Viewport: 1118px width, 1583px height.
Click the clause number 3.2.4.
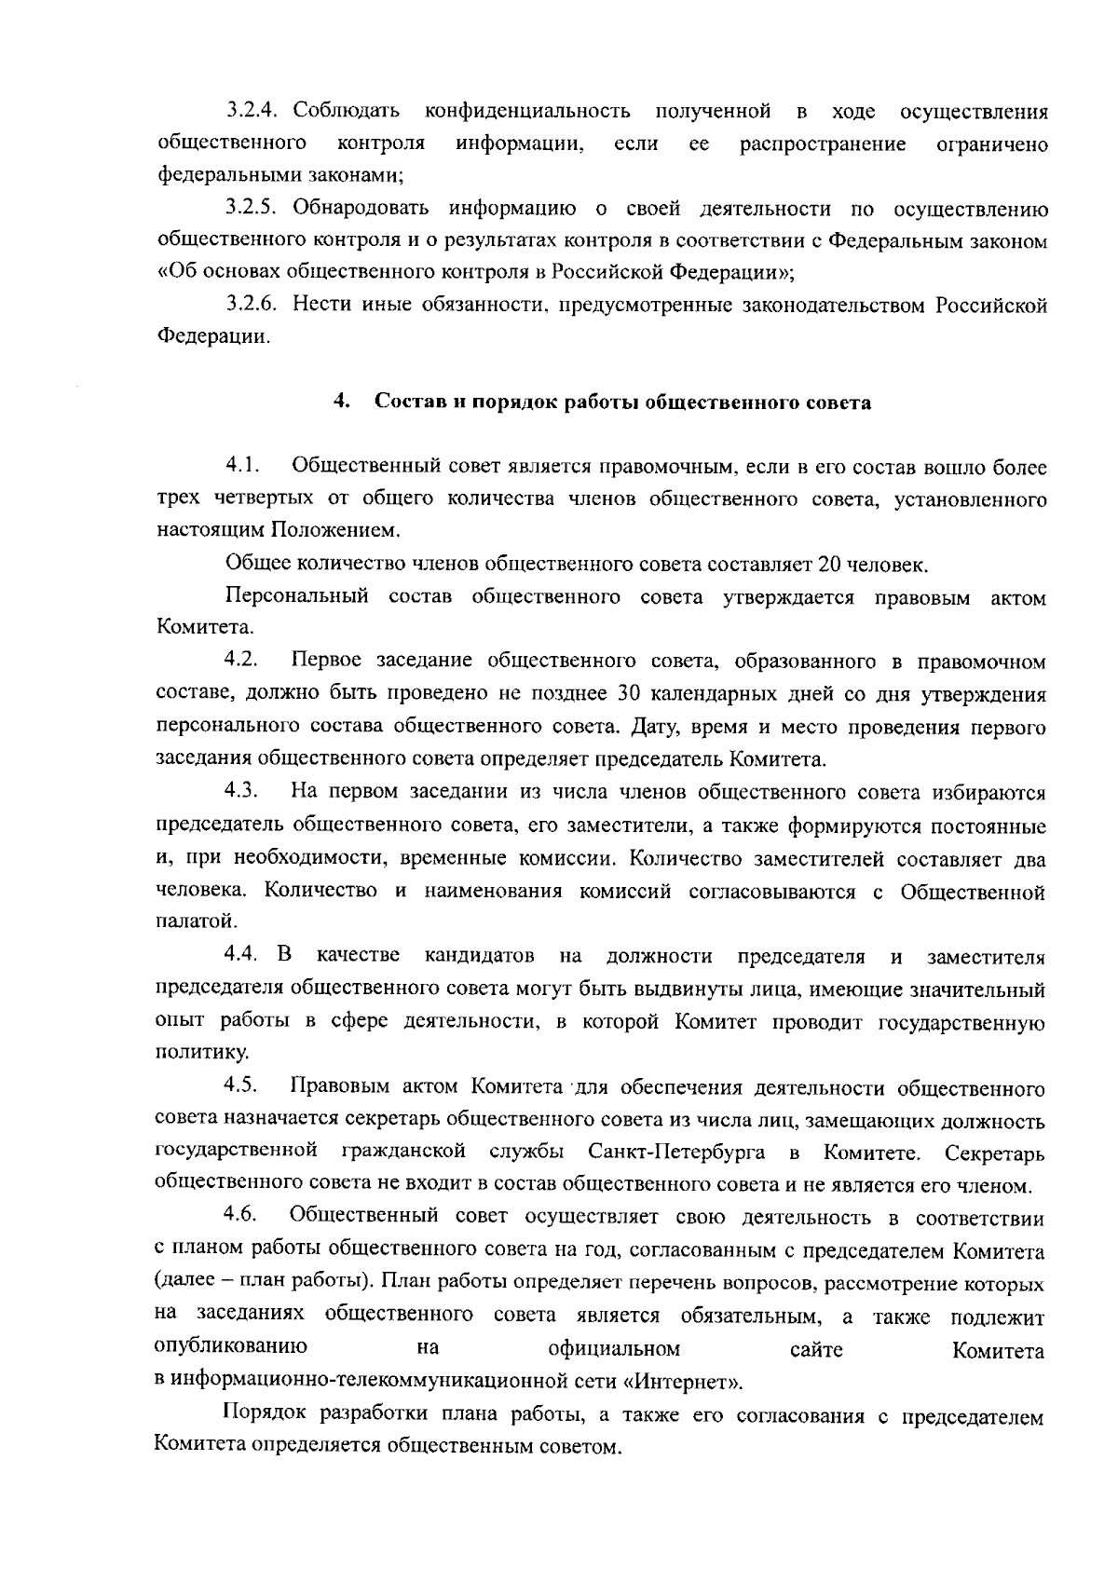coord(252,112)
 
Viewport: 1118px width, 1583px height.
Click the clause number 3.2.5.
coord(252,208)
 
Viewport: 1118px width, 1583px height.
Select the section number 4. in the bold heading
coord(341,403)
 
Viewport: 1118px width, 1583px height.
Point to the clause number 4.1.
coord(241,466)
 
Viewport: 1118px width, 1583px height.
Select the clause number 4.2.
coord(241,661)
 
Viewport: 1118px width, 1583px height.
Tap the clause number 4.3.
coord(241,792)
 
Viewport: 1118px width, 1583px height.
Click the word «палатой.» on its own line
coord(184,921)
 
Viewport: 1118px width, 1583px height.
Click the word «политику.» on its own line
coord(188,1053)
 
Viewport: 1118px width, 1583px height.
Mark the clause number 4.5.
coord(241,1086)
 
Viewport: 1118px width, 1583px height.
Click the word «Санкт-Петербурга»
coord(677,1153)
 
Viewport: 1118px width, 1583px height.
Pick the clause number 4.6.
coord(241,1217)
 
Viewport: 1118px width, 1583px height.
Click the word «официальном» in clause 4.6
coord(614,1348)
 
